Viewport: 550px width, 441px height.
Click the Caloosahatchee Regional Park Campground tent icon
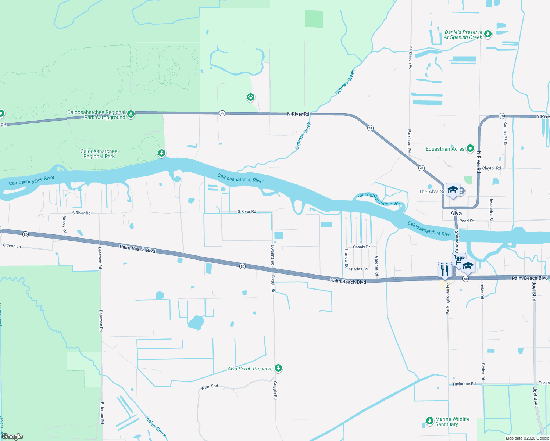[x=131, y=114]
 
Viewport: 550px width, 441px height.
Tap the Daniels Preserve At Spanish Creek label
[x=463, y=35]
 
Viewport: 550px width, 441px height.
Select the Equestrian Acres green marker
[x=470, y=148]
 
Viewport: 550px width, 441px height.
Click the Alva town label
[x=456, y=213]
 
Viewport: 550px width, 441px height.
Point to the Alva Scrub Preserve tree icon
[x=278, y=368]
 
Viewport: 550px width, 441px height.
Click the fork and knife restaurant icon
[x=445, y=270]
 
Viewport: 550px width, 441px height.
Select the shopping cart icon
[x=458, y=259]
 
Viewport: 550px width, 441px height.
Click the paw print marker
[x=251, y=97]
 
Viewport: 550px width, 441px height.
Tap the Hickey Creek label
[x=156, y=426]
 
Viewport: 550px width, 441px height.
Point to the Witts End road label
[x=209, y=387]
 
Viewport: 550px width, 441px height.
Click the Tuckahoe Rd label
[x=464, y=384]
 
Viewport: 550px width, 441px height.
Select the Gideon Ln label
[x=12, y=245]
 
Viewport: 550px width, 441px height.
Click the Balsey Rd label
[x=64, y=224]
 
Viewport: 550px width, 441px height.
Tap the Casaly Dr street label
[x=361, y=247]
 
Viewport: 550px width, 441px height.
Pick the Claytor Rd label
[x=491, y=168]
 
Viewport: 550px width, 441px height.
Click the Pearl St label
[x=466, y=221]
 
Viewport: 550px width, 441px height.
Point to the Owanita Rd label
[x=272, y=255]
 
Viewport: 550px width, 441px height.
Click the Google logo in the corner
[x=12, y=437]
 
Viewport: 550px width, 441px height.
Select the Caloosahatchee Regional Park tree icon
[x=162, y=153]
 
